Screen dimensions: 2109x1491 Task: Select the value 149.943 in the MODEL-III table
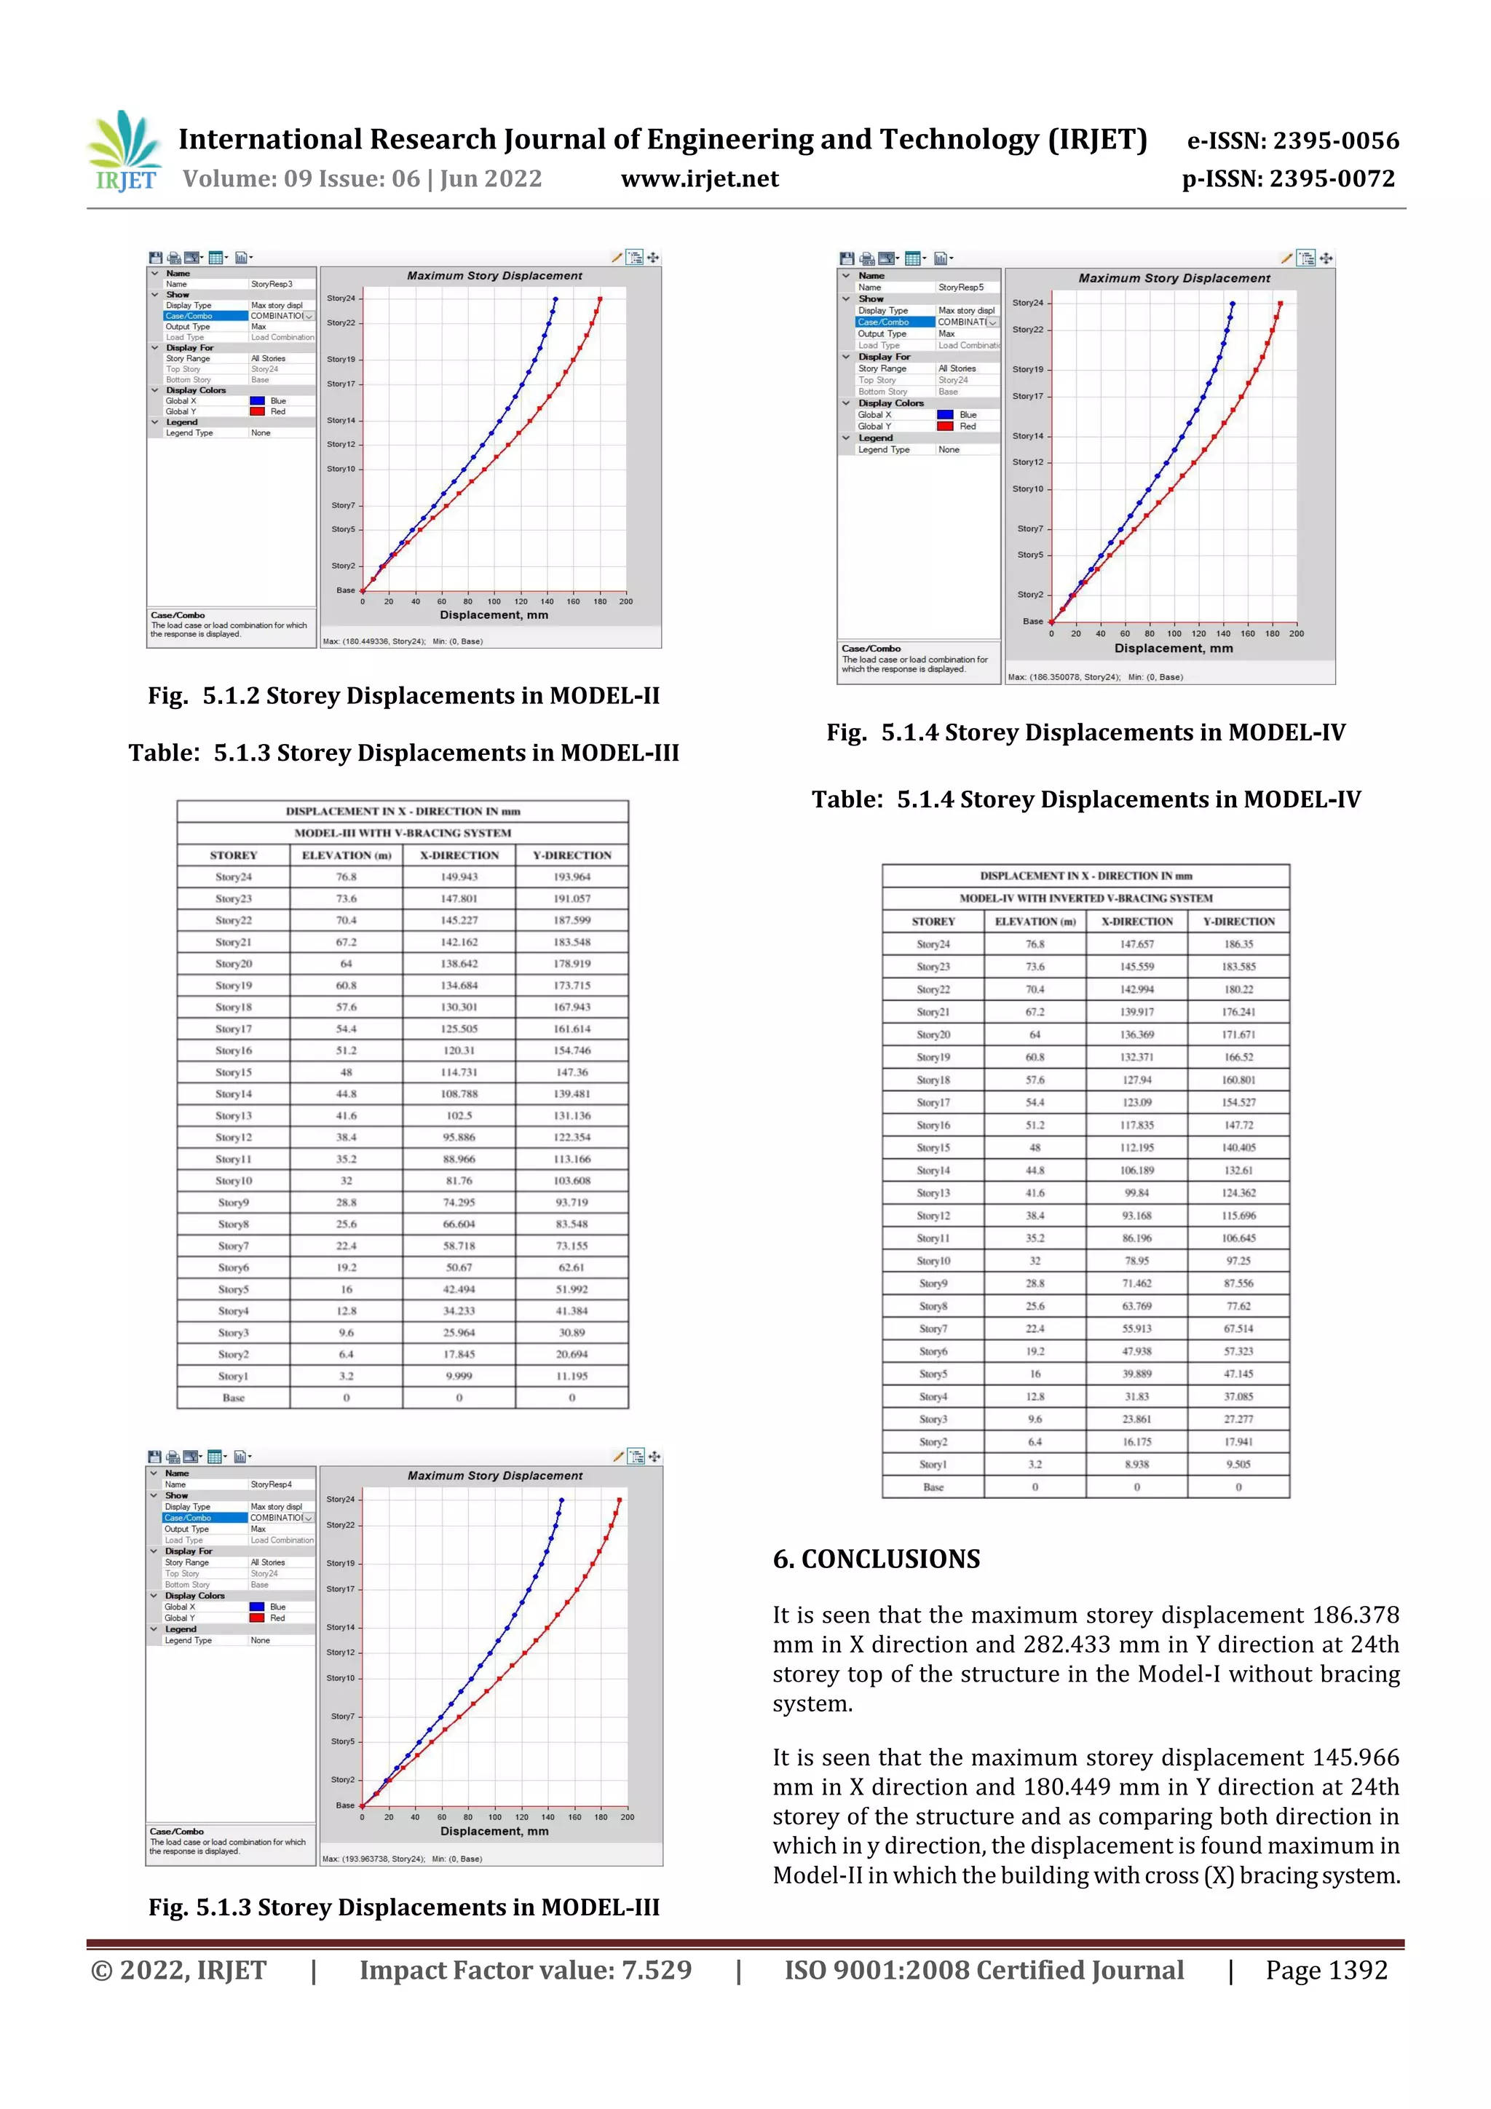459,877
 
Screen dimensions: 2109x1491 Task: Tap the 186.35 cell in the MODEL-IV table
1238,944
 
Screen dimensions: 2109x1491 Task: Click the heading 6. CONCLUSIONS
877,1559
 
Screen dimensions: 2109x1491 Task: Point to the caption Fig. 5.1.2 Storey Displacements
403,695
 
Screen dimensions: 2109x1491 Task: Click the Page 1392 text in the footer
1326,1969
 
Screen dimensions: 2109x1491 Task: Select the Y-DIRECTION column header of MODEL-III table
572,855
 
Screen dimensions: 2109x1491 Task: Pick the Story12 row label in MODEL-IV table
933,1215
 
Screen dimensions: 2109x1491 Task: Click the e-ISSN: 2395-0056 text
1292,141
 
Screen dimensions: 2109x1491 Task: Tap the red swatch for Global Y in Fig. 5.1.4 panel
944,426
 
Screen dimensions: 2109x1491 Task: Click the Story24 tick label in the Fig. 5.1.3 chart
340,1499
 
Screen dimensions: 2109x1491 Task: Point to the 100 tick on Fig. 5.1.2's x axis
494,601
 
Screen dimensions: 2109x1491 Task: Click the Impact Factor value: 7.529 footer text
525,1969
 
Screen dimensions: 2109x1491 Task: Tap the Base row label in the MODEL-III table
234,1398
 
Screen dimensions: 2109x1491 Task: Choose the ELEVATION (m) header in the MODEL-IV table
1035,922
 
